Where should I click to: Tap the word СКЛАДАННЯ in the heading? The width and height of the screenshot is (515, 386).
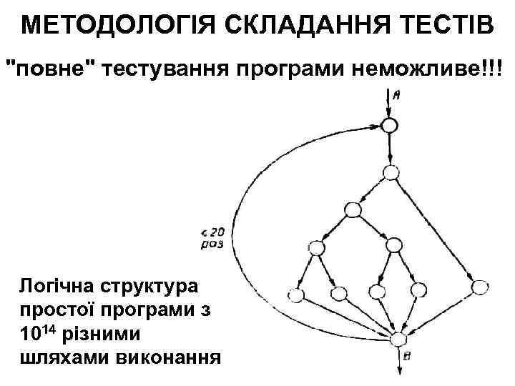285,26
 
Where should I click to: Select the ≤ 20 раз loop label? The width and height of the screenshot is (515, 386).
212,237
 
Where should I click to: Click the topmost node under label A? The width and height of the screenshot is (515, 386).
389,126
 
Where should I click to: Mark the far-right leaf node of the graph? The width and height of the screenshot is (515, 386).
481,288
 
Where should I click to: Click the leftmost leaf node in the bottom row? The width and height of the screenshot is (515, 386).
295,295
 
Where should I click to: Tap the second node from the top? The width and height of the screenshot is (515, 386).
391,172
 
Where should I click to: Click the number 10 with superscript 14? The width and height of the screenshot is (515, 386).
38,334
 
